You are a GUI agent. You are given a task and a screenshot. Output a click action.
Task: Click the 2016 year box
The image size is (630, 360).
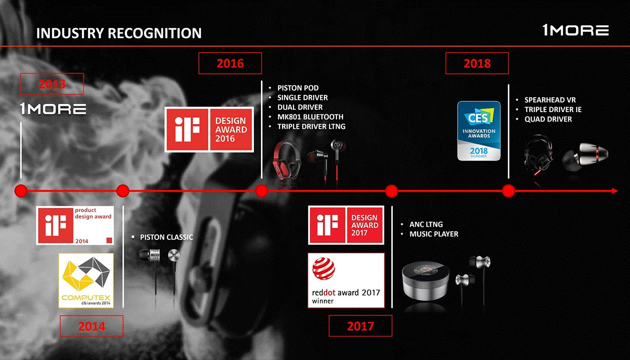(230, 63)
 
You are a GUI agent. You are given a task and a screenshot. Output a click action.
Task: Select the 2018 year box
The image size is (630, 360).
(477, 63)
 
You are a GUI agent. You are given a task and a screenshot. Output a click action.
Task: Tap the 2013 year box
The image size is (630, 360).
(52, 84)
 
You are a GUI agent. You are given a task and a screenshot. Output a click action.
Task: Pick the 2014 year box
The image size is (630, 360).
(92, 326)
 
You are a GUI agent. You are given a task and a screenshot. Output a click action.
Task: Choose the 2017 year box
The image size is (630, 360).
(360, 326)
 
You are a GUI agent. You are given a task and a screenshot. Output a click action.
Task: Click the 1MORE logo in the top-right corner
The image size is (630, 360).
(576, 31)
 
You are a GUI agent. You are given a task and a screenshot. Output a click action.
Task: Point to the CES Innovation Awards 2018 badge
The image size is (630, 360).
(479, 131)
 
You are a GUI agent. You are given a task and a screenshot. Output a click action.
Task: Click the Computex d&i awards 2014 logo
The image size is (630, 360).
(86, 280)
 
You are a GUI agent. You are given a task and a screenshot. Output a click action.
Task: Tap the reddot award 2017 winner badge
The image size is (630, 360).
(346, 280)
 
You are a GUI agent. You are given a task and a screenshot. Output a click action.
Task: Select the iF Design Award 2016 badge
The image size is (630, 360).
(209, 130)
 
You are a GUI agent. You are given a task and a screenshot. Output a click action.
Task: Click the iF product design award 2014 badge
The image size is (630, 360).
(75, 225)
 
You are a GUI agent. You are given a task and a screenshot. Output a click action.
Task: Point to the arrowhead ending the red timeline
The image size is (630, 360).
(615, 191)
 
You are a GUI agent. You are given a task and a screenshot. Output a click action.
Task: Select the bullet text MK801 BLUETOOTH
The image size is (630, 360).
(310, 117)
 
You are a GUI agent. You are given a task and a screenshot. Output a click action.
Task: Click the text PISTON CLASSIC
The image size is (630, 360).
(166, 238)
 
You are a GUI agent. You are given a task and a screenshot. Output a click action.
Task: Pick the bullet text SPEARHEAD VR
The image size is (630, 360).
(550, 100)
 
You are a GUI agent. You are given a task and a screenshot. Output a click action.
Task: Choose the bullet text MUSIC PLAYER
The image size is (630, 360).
(434, 234)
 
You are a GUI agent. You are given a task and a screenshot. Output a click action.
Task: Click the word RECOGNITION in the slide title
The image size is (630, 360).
(155, 33)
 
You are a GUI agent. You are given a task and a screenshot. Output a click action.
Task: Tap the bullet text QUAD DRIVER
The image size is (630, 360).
(548, 119)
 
